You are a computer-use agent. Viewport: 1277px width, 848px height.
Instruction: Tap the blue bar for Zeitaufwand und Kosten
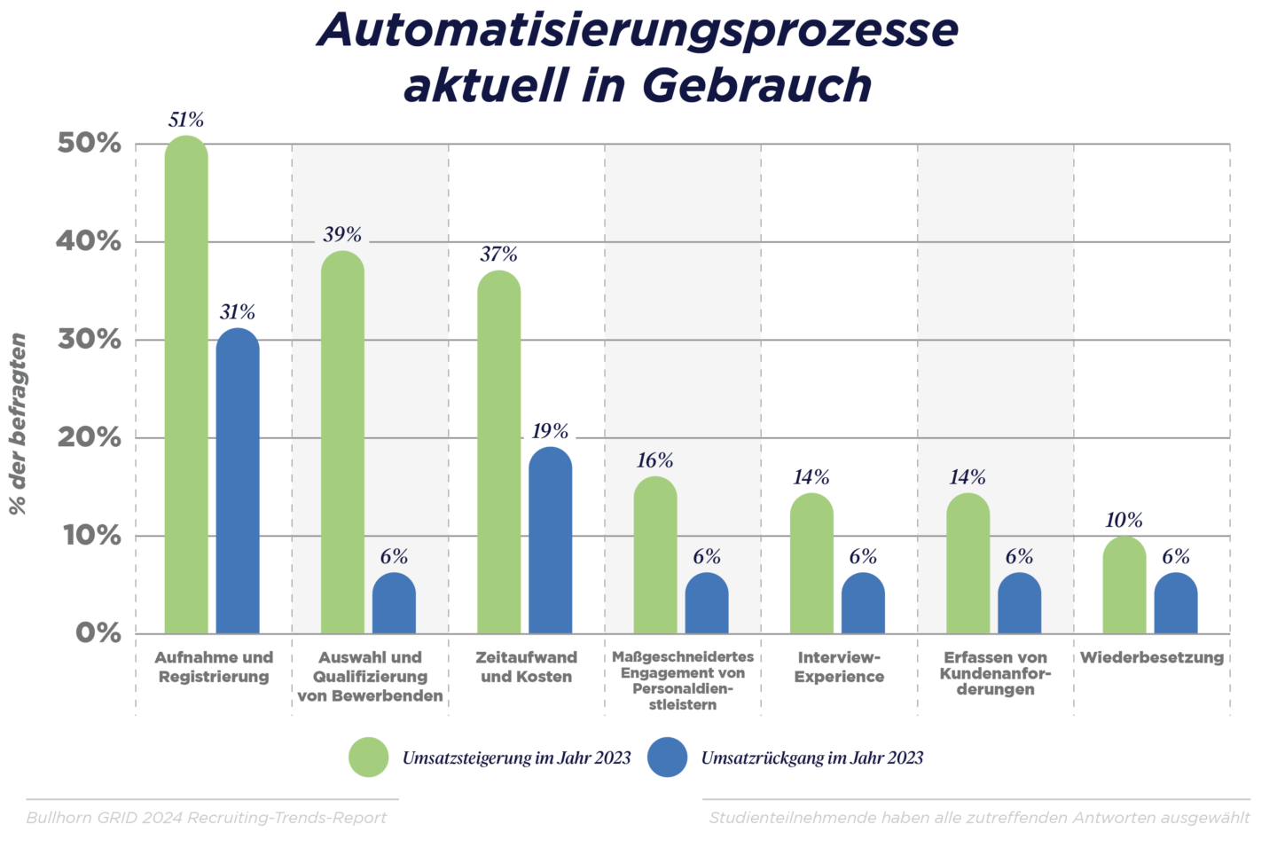tap(551, 541)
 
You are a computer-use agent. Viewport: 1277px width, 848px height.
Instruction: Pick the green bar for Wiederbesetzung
tap(1124, 585)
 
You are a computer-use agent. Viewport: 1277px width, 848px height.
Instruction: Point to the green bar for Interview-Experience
tap(811, 564)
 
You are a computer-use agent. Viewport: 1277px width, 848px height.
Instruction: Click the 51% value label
tap(186, 120)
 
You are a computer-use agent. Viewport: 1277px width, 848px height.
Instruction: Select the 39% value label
tap(342, 235)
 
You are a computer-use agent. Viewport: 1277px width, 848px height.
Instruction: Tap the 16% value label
tap(654, 460)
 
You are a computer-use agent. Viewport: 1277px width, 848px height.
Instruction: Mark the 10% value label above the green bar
tap(1124, 521)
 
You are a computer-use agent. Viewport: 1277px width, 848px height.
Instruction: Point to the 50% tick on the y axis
tap(89, 144)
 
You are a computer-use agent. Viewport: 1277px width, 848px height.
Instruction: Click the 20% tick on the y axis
tap(89, 437)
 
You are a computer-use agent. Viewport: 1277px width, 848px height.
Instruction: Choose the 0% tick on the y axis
tap(98, 633)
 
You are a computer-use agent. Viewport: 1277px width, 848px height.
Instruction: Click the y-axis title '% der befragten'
tap(18, 424)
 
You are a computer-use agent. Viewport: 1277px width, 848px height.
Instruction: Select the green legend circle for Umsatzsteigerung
tap(369, 758)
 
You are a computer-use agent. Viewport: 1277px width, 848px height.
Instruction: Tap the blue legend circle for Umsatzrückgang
tap(668, 758)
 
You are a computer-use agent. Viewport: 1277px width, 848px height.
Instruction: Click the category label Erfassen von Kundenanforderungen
tap(995, 673)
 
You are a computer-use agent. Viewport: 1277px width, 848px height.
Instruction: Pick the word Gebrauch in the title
tap(756, 85)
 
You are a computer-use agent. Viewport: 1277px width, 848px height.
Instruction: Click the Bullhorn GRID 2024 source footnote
tap(207, 818)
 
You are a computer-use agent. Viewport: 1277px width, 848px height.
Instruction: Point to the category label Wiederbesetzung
tap(1151, 658)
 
